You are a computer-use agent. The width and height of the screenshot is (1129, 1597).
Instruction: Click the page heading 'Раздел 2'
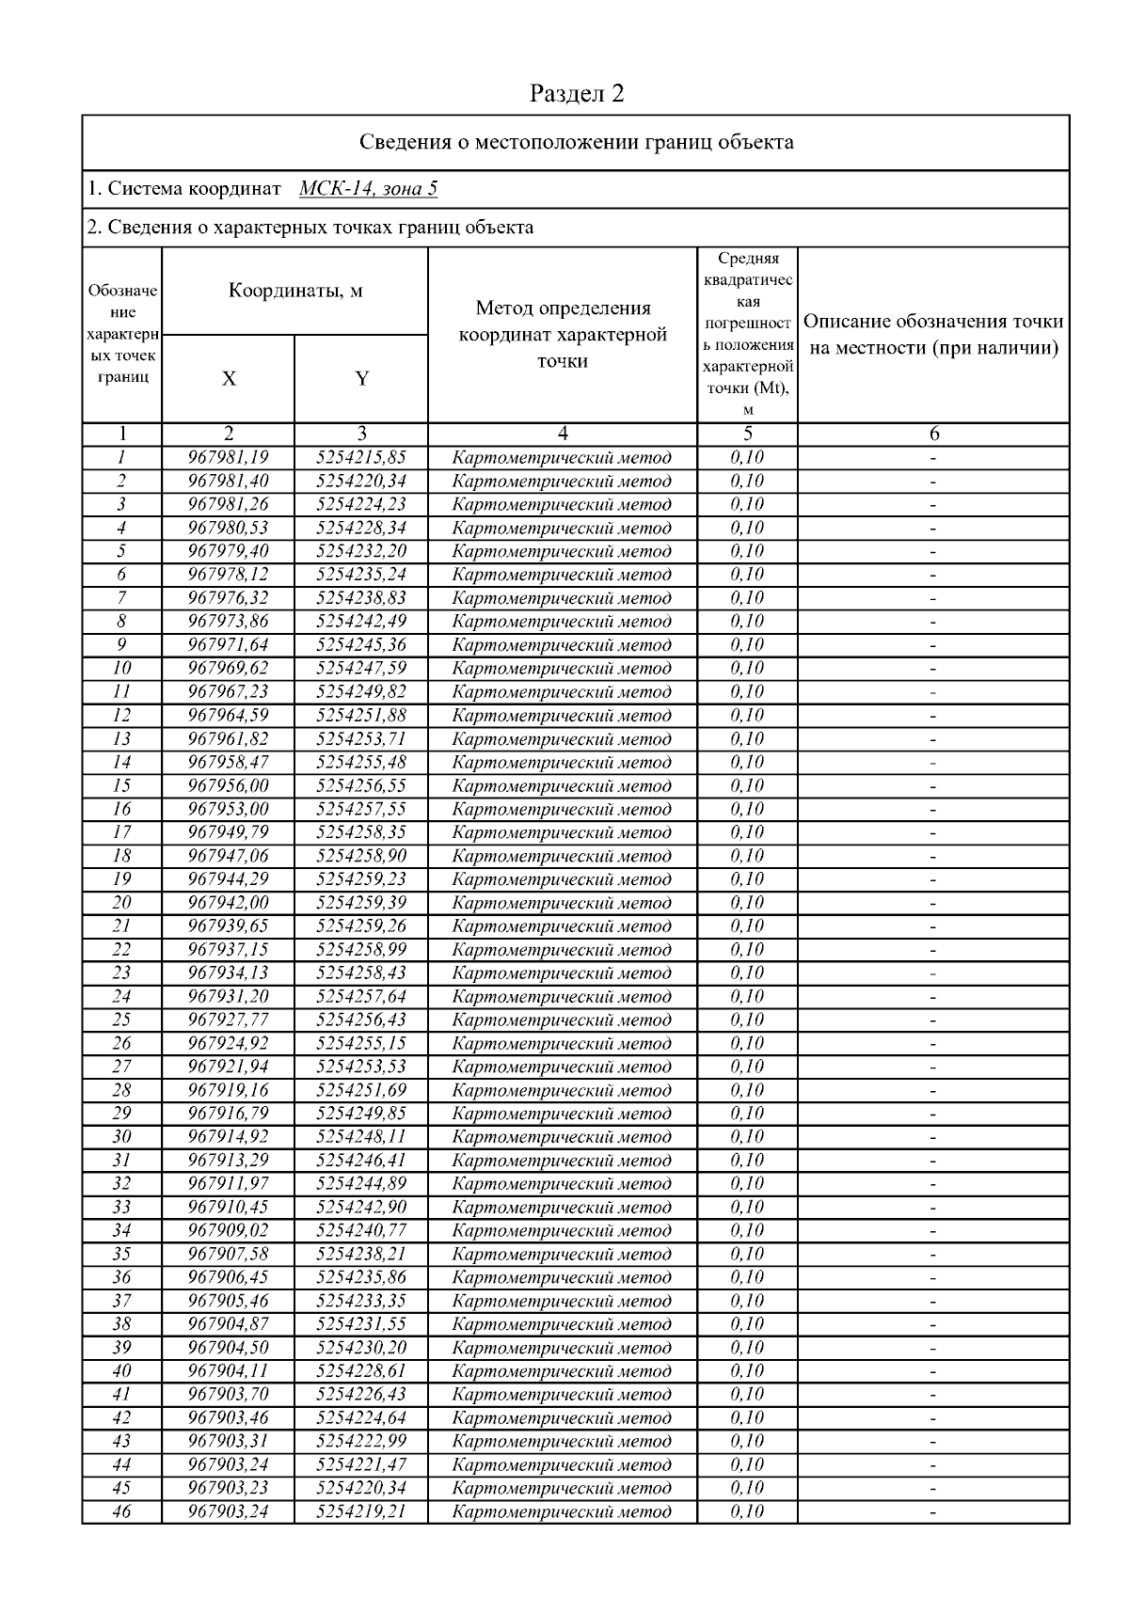point(577,93)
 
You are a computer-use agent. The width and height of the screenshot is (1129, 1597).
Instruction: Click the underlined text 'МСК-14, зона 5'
point(368,189)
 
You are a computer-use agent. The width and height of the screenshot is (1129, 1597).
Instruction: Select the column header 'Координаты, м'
point(295,291)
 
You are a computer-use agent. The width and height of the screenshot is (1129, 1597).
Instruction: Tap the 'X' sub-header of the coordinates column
point(229,378)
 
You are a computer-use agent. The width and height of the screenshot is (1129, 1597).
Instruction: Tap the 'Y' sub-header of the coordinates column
point(361,378)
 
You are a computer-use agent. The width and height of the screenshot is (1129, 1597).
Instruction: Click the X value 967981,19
point(229,458)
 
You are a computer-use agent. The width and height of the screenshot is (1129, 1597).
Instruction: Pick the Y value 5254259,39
point(361,903)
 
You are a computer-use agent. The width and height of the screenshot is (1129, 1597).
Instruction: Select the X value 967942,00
point(229,903)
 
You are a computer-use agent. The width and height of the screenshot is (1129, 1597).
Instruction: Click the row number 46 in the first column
point(121,1512)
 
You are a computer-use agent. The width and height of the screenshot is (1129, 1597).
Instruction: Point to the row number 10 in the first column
point(121,669)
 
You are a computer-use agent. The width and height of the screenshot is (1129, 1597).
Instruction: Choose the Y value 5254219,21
point(361,1512)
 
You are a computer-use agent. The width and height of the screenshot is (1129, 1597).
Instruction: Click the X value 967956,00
point(229,785)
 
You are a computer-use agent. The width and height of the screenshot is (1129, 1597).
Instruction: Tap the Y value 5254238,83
point(361,598)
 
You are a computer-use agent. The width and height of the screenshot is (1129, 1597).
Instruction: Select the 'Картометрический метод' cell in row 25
point(562,1020)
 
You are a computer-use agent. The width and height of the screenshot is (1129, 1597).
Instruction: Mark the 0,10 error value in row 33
point(747,1208)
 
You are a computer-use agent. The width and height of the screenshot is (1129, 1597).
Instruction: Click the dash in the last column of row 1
point(933,458)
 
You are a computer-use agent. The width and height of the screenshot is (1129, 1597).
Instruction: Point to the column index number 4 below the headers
point(562,435)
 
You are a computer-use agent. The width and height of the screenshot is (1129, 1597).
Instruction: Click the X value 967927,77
point(229,1020)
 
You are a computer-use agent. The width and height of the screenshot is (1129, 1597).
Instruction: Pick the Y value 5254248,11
point(361,1137)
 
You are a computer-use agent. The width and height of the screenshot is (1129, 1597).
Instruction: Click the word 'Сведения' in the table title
point(404,143)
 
